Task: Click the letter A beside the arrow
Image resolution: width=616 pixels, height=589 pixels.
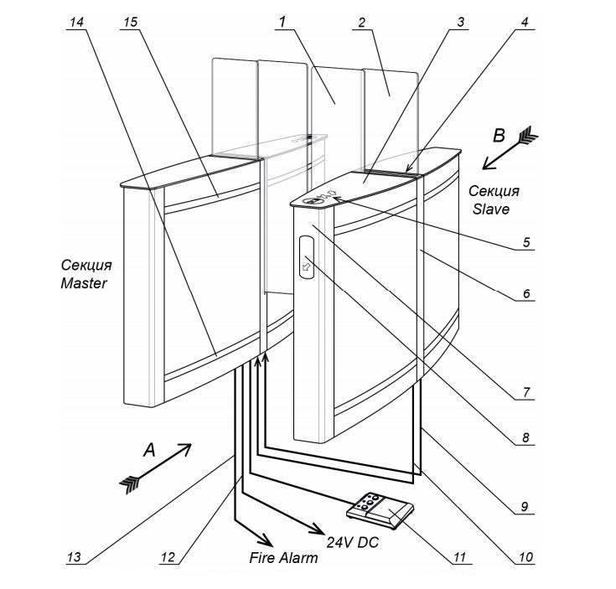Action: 149,451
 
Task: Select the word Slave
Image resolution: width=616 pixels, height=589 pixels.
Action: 489,209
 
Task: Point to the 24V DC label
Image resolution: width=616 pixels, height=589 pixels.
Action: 353,543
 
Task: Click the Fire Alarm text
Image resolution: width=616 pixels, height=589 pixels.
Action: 284,557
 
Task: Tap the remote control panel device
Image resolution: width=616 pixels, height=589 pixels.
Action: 382,509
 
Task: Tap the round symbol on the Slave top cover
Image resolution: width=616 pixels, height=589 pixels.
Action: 313,199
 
